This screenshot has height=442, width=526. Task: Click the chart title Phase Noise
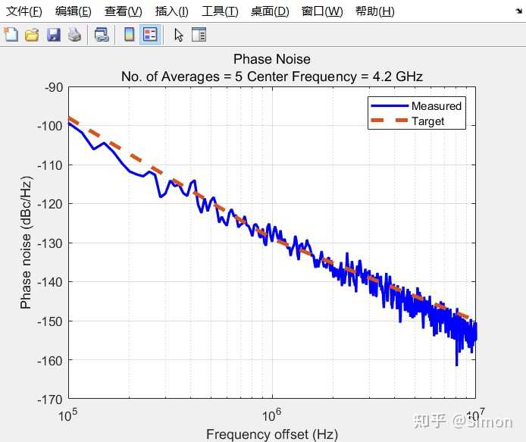271,59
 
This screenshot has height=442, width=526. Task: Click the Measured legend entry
436,106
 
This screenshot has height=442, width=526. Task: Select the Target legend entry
427,121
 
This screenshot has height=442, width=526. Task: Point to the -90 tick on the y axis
54,87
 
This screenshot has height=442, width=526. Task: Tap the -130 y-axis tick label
51,243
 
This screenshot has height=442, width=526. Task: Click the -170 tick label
51,399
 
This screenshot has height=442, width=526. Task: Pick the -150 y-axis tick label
51,321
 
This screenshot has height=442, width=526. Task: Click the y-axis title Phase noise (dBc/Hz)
26,243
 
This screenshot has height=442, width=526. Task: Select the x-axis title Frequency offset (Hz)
271,434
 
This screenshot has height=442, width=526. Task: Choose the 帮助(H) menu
374,11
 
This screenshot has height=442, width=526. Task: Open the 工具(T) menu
220,11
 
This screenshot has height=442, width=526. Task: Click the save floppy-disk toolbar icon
53,35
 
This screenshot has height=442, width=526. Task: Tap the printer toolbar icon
74,35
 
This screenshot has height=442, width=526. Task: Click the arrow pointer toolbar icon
179,35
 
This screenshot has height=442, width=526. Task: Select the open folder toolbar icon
32,35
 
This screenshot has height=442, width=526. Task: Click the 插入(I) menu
171,11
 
